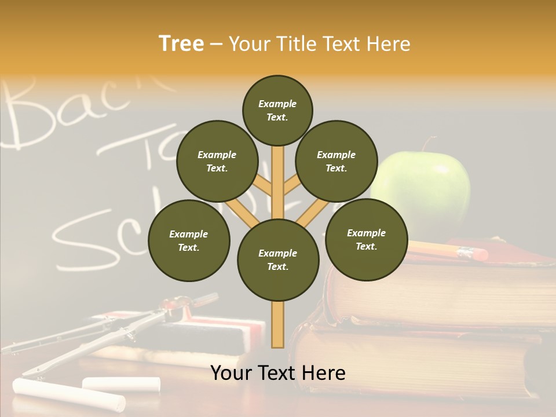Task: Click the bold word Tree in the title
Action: pos(181,44)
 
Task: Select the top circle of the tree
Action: pos(277,110)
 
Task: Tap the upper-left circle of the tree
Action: pos(217,161)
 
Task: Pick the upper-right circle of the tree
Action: pos(336,161)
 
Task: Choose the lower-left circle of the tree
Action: pos(189,240)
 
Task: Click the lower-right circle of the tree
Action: pos(366,239)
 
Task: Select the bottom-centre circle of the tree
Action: pos(278,260)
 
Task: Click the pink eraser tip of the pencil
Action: pos(478,254)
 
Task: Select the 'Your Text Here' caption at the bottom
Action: pos(277,373)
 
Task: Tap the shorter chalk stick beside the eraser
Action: pos(121,383)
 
